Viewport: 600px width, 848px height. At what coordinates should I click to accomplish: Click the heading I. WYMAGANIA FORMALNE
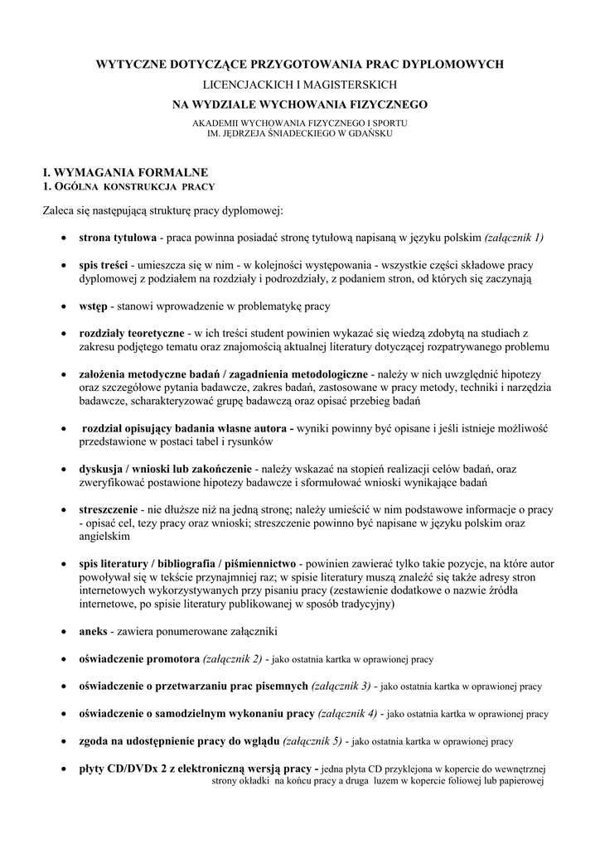coord(125,172)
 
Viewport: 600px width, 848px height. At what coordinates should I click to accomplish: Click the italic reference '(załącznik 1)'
coord(514,238)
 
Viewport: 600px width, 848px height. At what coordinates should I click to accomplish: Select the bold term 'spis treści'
coord(103,265)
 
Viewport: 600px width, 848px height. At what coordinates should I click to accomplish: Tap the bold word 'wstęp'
coord(93,306)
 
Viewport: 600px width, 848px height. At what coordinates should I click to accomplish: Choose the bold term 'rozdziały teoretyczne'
coord(131,333)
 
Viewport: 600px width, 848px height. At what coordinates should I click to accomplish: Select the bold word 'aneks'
coord(93,631)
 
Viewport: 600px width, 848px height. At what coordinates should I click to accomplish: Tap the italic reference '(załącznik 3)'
coord(341,686)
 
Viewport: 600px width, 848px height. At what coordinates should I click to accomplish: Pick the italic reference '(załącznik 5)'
coord(313,740)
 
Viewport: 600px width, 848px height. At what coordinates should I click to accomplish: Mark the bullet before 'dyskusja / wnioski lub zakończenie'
coord(65,469)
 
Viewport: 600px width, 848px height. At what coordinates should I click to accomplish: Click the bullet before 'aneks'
coord(65,631)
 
